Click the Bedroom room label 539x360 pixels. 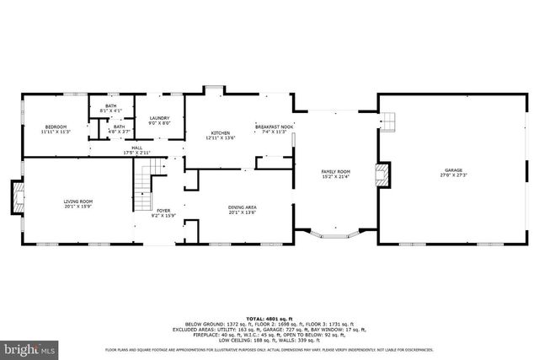(x=56, y=126)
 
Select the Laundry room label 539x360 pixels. (x=160, y=118)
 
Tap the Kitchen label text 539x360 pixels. (x=221, y=133)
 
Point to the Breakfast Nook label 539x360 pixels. (x=275, y=126)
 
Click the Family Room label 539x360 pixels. (x=335, y=171)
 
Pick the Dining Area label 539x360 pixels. (x=243, y=207)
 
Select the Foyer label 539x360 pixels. (x=163, y=211)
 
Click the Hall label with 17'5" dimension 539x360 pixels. (x=136, y=148)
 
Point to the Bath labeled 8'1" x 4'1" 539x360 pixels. (x=111, y=105)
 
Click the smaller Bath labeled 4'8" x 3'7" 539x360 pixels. (x=119, y=126)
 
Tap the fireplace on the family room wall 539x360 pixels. (x=384, y=174)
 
